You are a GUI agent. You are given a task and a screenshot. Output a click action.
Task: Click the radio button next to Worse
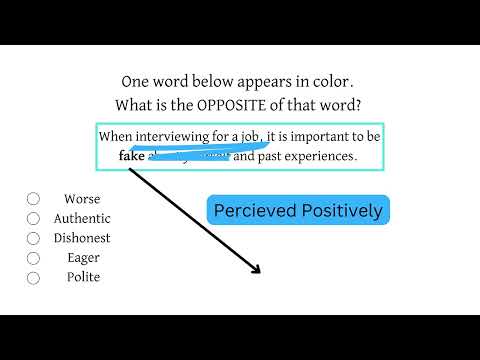click(33, 199)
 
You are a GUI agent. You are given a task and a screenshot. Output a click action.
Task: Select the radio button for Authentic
click(33, 219)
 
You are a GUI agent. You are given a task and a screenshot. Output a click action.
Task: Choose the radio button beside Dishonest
click(33, 238)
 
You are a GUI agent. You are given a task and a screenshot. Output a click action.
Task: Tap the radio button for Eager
click(33, 258)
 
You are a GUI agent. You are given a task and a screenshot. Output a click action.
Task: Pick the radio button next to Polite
click(33, 277)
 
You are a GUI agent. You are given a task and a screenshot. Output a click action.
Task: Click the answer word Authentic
click(82, 219)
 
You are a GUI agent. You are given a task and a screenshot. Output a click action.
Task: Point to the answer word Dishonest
click(82, 238)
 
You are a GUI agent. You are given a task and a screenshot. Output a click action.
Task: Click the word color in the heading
click(330, 82)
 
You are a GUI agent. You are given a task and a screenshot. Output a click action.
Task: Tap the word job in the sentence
click(250, 136)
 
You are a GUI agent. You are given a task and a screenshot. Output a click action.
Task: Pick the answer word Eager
click(82, 258)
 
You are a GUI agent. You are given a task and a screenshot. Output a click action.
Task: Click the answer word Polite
click(82, 277)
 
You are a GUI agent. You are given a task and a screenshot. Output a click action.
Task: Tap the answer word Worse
click(82, 199)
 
